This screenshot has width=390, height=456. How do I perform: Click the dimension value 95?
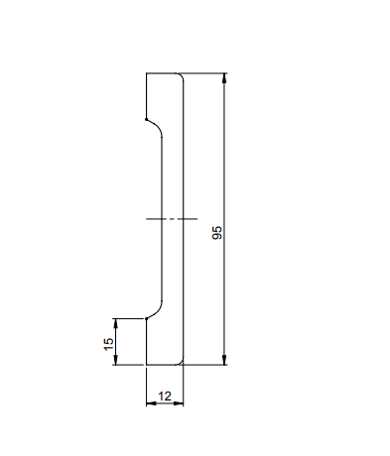click(217, 233)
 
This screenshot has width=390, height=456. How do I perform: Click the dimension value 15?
click(108, 344)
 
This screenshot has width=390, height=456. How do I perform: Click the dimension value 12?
click(165, 396)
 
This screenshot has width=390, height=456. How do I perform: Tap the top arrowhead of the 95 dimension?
click(224, 78)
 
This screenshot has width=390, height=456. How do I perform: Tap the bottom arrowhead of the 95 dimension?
click(224, 360)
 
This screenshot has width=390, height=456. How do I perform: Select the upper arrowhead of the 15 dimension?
click(115, 324)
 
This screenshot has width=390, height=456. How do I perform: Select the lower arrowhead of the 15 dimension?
click(115, 360)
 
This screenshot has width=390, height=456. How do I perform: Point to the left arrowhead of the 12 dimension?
click(151, 403)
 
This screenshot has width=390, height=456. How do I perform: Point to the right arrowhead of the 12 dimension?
click(179, 403)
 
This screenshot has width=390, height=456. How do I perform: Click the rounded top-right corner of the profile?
click(182, 75)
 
